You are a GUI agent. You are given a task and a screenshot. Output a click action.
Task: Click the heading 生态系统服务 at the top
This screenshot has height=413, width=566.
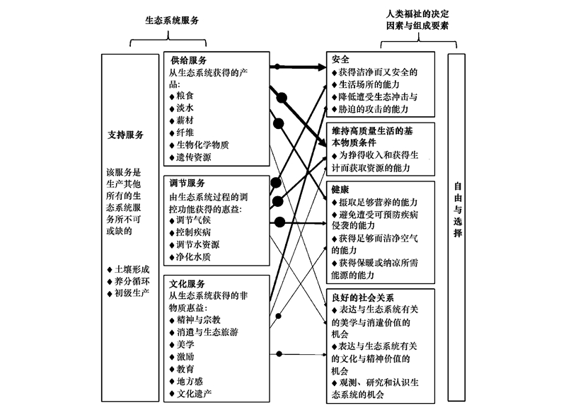pos(172,21)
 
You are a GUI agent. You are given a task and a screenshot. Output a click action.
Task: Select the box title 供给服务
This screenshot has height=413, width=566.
pos(189,60)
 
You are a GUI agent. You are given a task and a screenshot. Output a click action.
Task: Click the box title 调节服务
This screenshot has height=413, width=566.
pos(187,183)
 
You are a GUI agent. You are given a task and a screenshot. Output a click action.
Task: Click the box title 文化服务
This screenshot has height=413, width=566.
pos(187,283)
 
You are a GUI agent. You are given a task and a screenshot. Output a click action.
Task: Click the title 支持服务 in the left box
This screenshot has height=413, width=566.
pos(126,135)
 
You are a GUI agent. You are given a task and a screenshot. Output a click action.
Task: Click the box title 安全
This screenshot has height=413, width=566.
pos(341,60)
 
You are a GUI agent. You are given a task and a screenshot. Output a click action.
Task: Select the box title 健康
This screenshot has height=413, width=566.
pos(341,189)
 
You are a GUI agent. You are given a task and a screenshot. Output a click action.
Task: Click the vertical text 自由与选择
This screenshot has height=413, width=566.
pos(458,210)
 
